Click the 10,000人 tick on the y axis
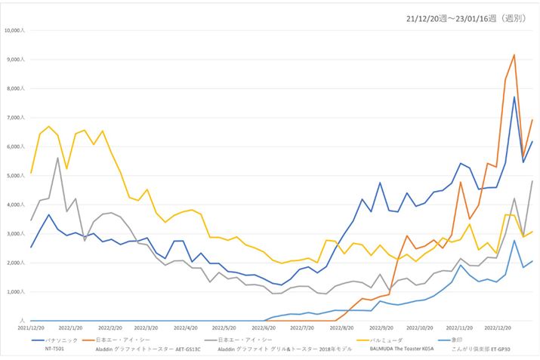pos(14,31)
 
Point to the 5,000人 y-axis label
pos(15,176)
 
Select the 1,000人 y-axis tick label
pos(15,291)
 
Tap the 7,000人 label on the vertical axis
pos(15,118)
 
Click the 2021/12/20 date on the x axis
pos(31,328)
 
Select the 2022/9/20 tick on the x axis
pos(381,328)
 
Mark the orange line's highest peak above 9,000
pos(514,54)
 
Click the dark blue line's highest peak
pos(514,97)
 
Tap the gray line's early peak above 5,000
pos(57,158)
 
